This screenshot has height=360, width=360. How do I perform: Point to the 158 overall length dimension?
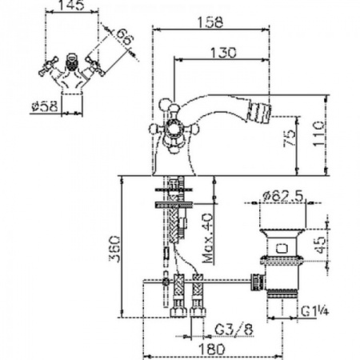pyautogui.click(x=209, y=23)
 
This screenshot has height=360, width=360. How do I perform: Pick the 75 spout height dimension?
pyautogui.click(x=291, y=137)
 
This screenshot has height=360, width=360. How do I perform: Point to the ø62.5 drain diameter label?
pyautogui.click(x=282, y=193)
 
